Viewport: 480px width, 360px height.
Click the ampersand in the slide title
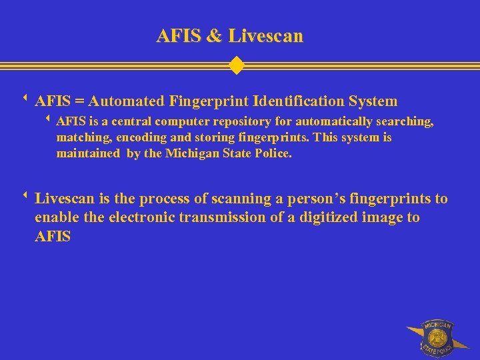tap(214, 35)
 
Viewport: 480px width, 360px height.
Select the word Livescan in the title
tap(265, 35)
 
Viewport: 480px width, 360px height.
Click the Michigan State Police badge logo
tap(437, 338)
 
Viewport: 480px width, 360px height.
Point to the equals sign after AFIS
tap(79, 101)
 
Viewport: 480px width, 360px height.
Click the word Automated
tap(126, 101)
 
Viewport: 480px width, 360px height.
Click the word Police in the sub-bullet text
tap(273, 153)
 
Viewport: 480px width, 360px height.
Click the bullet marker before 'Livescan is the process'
tap(24, 197)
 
